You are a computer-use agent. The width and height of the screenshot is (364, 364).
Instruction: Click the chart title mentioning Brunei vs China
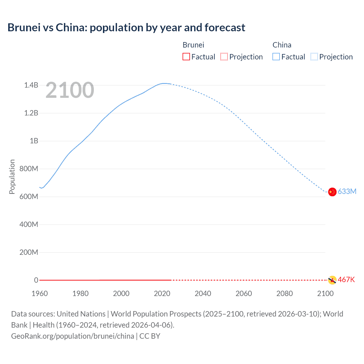(x=126, y=28)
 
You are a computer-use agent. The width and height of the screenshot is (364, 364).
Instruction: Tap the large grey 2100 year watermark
(x=70, y=90)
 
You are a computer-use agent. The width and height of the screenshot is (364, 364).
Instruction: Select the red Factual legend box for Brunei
(x=186, y=57)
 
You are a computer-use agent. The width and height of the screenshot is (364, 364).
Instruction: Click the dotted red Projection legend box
(x=224, y=57)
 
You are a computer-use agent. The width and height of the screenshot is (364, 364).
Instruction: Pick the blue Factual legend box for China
(x=276, y=57)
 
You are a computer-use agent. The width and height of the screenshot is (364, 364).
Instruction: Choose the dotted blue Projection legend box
(x=314, y=57)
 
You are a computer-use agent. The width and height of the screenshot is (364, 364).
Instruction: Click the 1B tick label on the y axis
(x=34, y=141)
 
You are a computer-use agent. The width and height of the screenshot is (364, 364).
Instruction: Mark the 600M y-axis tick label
(x=29, y=197)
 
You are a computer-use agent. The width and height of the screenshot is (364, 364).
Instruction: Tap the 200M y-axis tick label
(x=29, y=252)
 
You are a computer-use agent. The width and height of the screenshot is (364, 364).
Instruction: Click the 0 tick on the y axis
(x=36, y=280)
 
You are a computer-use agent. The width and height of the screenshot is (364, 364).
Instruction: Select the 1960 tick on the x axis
(x=40, y=293)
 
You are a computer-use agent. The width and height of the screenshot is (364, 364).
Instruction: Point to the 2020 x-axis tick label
(x=162, y=293)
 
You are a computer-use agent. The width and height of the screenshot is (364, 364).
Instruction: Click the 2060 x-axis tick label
(x=244, y=293)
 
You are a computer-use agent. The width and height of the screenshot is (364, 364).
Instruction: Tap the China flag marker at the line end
(x=332, y=192)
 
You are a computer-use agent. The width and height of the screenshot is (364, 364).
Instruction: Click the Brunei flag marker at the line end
(x=332, y=280)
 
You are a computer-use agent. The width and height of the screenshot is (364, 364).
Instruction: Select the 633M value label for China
(x=347, y=191)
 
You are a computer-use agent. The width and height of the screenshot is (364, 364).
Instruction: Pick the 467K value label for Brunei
(x=346, y=280)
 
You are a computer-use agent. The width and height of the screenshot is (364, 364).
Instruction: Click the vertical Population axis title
(x=12, y=177)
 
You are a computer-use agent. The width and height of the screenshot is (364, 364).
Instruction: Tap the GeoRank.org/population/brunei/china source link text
(x=73, y=336)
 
